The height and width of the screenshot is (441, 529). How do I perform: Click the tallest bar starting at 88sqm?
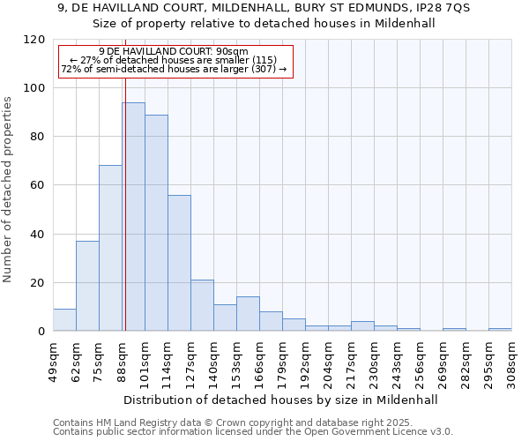(133, 217)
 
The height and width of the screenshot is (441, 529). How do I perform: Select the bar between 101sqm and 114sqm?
(156, 223)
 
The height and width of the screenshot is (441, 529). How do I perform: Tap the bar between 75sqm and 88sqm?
(110, 248)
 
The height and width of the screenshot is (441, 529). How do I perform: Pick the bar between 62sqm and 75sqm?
(87, 286)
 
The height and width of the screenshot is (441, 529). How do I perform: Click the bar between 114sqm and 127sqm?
(179, 263)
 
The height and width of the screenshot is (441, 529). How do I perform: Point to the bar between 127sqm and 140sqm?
(202, 305)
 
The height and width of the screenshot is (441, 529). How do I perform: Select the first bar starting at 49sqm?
(64, 320)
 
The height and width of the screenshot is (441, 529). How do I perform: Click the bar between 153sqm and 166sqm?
(248, 314)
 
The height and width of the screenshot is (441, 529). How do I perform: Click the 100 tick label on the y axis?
(35, 88)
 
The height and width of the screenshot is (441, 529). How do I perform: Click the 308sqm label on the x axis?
(511, 361)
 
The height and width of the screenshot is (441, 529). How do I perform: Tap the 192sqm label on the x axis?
(305, 361)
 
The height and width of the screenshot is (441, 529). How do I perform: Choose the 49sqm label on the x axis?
(53, 361)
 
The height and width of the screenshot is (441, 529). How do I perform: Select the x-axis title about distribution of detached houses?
(282, 400)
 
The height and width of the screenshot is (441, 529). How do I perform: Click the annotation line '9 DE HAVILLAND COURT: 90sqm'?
(174, 52)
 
